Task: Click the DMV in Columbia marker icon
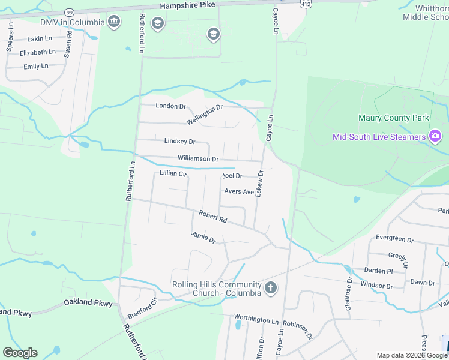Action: [113, 23]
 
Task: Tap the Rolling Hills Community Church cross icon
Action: [270, 287]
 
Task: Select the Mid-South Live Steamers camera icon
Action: [435, 137]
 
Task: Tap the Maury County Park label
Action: [394, 118]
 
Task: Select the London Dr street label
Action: [171, 106]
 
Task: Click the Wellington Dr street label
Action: [204, 115]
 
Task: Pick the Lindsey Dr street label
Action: [179, 142]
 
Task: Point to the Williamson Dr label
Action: [197, 158]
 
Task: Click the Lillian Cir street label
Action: [173, 173]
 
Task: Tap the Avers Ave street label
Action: [239, 192]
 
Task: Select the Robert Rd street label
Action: [213, 217]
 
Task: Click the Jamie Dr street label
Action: [203, 237]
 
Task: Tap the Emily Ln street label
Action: [36, 66]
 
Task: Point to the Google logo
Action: [20, 353]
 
